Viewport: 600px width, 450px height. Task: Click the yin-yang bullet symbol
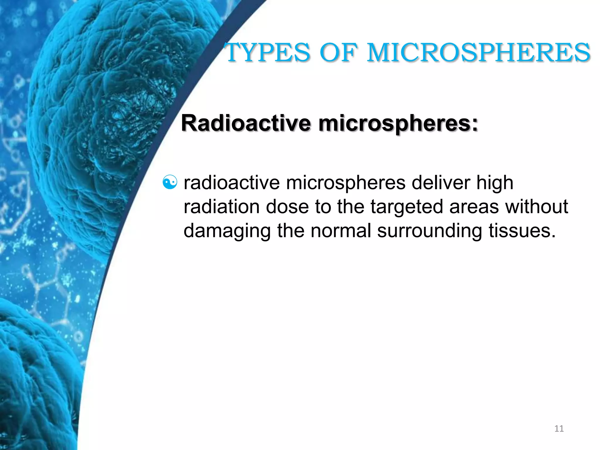[x=170, y=182]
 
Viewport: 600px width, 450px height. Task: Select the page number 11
[x=559, y=429]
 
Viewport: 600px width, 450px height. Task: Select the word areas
[x=474, y=207]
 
